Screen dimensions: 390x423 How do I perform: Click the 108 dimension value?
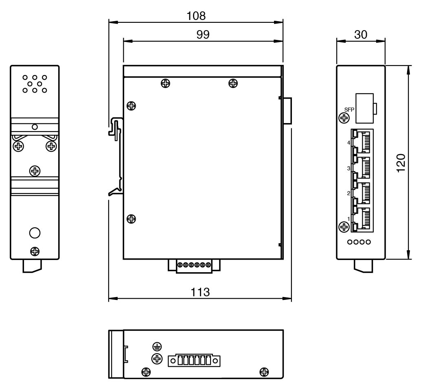point(196,16)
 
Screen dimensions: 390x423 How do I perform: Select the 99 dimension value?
point(202,35)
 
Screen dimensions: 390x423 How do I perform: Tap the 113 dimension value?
point(200,293)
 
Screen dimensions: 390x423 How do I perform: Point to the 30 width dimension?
point(361,35)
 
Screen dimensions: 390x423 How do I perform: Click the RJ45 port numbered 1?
point(362,218)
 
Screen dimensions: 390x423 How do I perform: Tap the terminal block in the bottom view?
point(194,360)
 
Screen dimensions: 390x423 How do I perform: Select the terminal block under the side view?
point(194,265)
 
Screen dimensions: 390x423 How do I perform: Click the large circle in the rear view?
point(35,233)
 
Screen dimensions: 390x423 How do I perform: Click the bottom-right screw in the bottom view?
point(264,371)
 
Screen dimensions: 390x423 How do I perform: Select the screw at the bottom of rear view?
point(35,251)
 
